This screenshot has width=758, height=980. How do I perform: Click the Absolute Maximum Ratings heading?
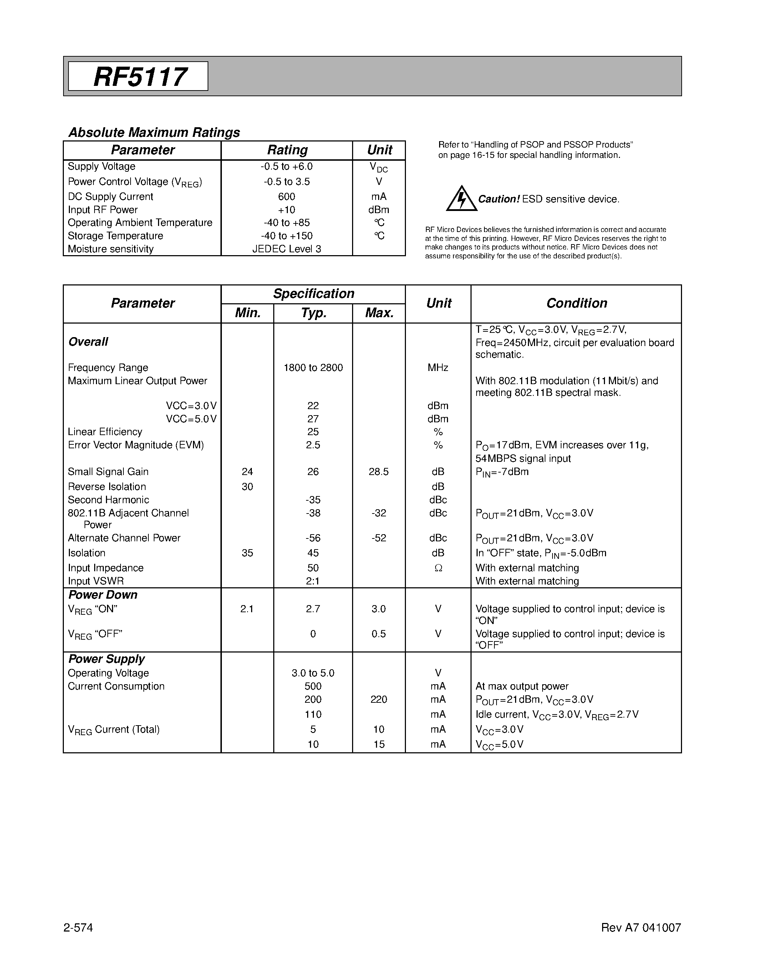[x=154, y=132]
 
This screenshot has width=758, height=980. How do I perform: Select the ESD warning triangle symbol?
[x=461, y=199]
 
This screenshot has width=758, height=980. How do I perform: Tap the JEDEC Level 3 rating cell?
[x=286, y=249]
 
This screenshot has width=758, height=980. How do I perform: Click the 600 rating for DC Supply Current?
[x=286, y=197]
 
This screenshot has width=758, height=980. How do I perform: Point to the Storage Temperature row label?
[x=116, y=236]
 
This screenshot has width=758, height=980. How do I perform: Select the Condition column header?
[x=576, y=303]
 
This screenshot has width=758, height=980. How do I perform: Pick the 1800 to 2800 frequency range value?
[x=313, y=368]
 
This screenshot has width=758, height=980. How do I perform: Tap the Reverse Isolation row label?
[x=107, y=487]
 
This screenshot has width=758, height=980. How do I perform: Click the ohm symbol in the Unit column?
[x=438, y=568]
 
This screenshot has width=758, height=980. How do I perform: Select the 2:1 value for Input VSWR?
[x=312, y=581]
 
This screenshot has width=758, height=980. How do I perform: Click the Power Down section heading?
[x=103, y=595]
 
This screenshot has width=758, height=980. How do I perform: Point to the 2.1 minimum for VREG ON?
[x=247, y=609]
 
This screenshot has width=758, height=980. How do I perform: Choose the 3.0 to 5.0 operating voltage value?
[x=313, y=673]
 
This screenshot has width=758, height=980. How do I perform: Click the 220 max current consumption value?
[x=378, y=700]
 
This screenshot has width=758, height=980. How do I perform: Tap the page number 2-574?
[x=78, y=928]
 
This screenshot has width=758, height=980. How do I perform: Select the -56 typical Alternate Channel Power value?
[x=312, y=538]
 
